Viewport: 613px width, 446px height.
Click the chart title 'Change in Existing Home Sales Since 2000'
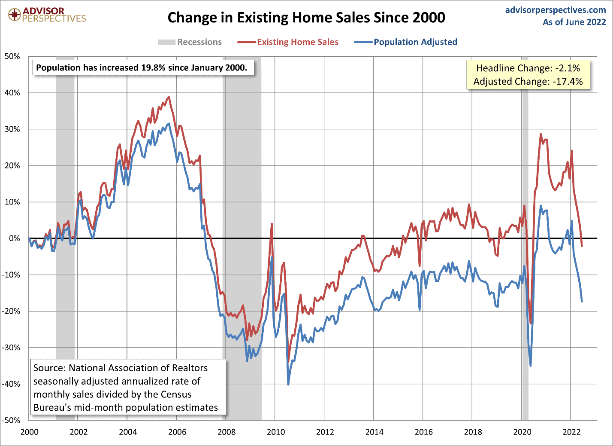click(x=306, y=18)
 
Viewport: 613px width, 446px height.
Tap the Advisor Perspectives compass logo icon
click(x=15, y=15)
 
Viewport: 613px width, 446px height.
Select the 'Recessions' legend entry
click(x=190, y=42)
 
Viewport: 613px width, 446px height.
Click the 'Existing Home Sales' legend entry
click(x=288, y=42)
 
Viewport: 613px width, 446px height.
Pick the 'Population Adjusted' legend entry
click(x=406, y=42)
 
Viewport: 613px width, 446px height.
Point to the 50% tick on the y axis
click(x=12, y=56)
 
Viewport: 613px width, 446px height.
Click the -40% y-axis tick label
click(x=11, y=384)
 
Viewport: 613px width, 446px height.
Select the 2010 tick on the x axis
click(x=275, y=432)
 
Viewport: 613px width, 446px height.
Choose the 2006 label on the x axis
click(x=177, y=432)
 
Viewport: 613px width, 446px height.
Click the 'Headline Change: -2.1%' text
click(x=528, y=68)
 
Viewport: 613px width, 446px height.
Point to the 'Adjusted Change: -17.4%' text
click(x=528, y=82)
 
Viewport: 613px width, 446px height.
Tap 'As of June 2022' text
click(x=574, y=22)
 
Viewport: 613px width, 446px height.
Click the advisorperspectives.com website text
click(x=556, y=10)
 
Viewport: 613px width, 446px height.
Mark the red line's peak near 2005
click(x=169, y=97)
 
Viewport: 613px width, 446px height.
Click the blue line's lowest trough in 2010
click(x=288, y=384)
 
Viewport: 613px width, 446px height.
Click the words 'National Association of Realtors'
click(x=138, y=368)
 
